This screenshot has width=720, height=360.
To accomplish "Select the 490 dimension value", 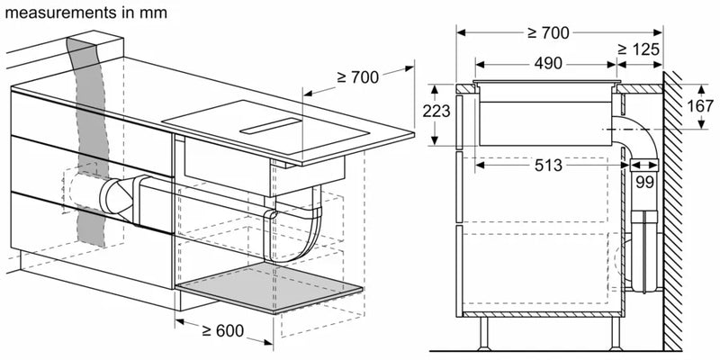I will click(546, 64).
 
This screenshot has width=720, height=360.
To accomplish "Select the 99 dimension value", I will click(644, 180).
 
